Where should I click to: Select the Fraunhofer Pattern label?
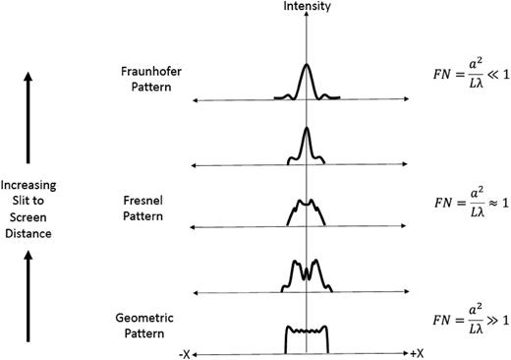point(146,80)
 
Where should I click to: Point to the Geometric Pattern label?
point(146,326)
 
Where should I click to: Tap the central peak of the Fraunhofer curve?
point(308,69)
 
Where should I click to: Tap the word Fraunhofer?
point(146,72)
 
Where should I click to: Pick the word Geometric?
point(146,318)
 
